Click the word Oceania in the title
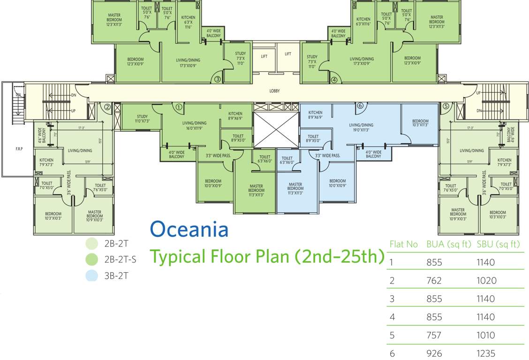(x=189, y=230)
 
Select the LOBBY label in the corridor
(x=274, y=91)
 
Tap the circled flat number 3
(x=218, y=80)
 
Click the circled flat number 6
(x=360, y=105)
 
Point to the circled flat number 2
(x=107, y=106)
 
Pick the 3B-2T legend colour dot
(x=92, y=275)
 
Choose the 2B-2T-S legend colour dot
(x=92, y=259)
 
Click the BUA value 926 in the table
(x=434, y=353)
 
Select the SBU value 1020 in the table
(x=485, y=281)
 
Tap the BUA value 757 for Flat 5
(x=434, y=335)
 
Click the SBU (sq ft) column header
(x=499, y=244)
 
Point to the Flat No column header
(x=403, y=244)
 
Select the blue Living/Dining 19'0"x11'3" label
(x=361, y=127)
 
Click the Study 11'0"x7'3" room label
(x=143, y=119)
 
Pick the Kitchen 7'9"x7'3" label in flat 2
(x=46, y=162)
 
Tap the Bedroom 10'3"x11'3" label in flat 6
(x=420, y=123)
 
